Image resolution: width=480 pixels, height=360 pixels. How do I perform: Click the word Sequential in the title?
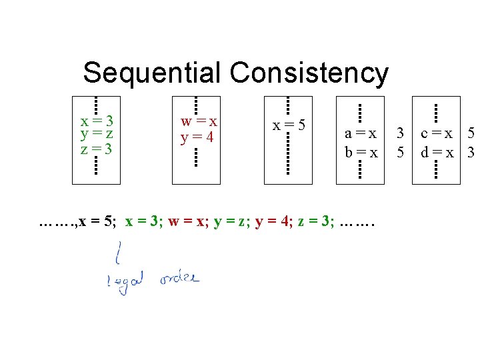153,73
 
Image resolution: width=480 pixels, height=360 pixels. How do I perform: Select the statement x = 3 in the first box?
96,121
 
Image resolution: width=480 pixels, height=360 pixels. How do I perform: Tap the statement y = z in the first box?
96,135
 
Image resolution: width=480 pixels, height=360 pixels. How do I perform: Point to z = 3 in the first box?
96,148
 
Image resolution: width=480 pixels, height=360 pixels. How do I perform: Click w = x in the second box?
199,122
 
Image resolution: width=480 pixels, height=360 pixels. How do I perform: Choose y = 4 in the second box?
197,138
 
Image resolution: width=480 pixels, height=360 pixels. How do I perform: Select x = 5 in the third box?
289,125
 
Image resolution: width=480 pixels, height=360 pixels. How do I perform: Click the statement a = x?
361,133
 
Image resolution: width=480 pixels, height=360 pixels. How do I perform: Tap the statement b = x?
361,153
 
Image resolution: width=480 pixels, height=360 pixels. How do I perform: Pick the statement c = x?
437,133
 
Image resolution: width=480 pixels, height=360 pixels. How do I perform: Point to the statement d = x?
437,153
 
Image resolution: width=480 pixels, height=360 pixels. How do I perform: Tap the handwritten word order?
179,279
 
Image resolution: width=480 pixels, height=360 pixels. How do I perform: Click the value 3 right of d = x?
471,153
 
